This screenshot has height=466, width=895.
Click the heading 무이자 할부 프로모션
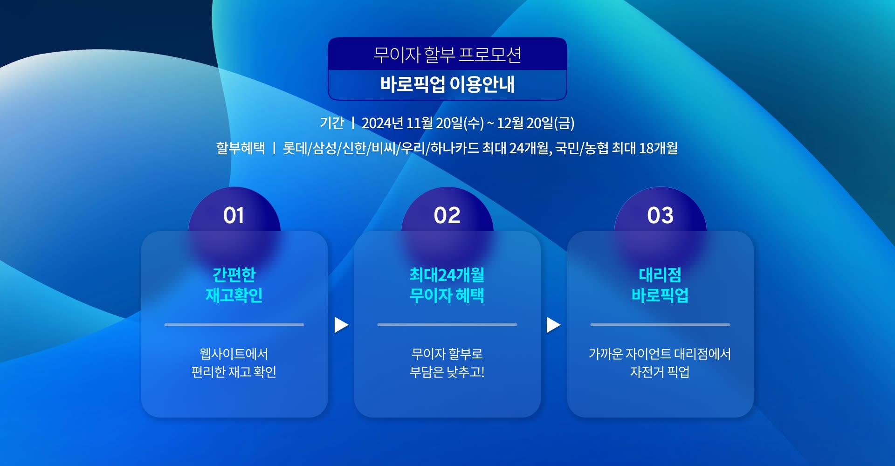(x=447, y=55)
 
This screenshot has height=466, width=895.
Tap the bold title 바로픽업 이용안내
(x=447, y=84)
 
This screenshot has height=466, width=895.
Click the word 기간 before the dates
(x=331, y=123)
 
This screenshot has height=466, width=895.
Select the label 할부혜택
(x=241, y=148)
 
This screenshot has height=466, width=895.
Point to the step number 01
(x=234, y=215)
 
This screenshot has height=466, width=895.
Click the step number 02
(x=447, y=215)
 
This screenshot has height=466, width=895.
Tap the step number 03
(x=660, y=215)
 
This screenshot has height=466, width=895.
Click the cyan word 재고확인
(x=234, y=295)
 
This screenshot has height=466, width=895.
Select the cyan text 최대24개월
(x=447, y=274)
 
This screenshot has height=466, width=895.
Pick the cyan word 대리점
(x=660, y=274)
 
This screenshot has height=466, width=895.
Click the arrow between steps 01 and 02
(x=341, y=325)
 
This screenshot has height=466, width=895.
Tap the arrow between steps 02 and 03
(x=553, y=325)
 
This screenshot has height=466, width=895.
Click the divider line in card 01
(x=234, y=324)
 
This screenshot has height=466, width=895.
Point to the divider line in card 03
(x=660, y=324)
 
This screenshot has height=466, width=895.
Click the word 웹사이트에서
(x=234, y=354)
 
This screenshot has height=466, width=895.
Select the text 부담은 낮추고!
(x=447, y=372)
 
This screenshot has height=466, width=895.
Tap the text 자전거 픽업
(x=660, y=372)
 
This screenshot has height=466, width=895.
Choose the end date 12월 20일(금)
(x=536, y=123)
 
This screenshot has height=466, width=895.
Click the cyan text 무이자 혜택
(x=447, y=295)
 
